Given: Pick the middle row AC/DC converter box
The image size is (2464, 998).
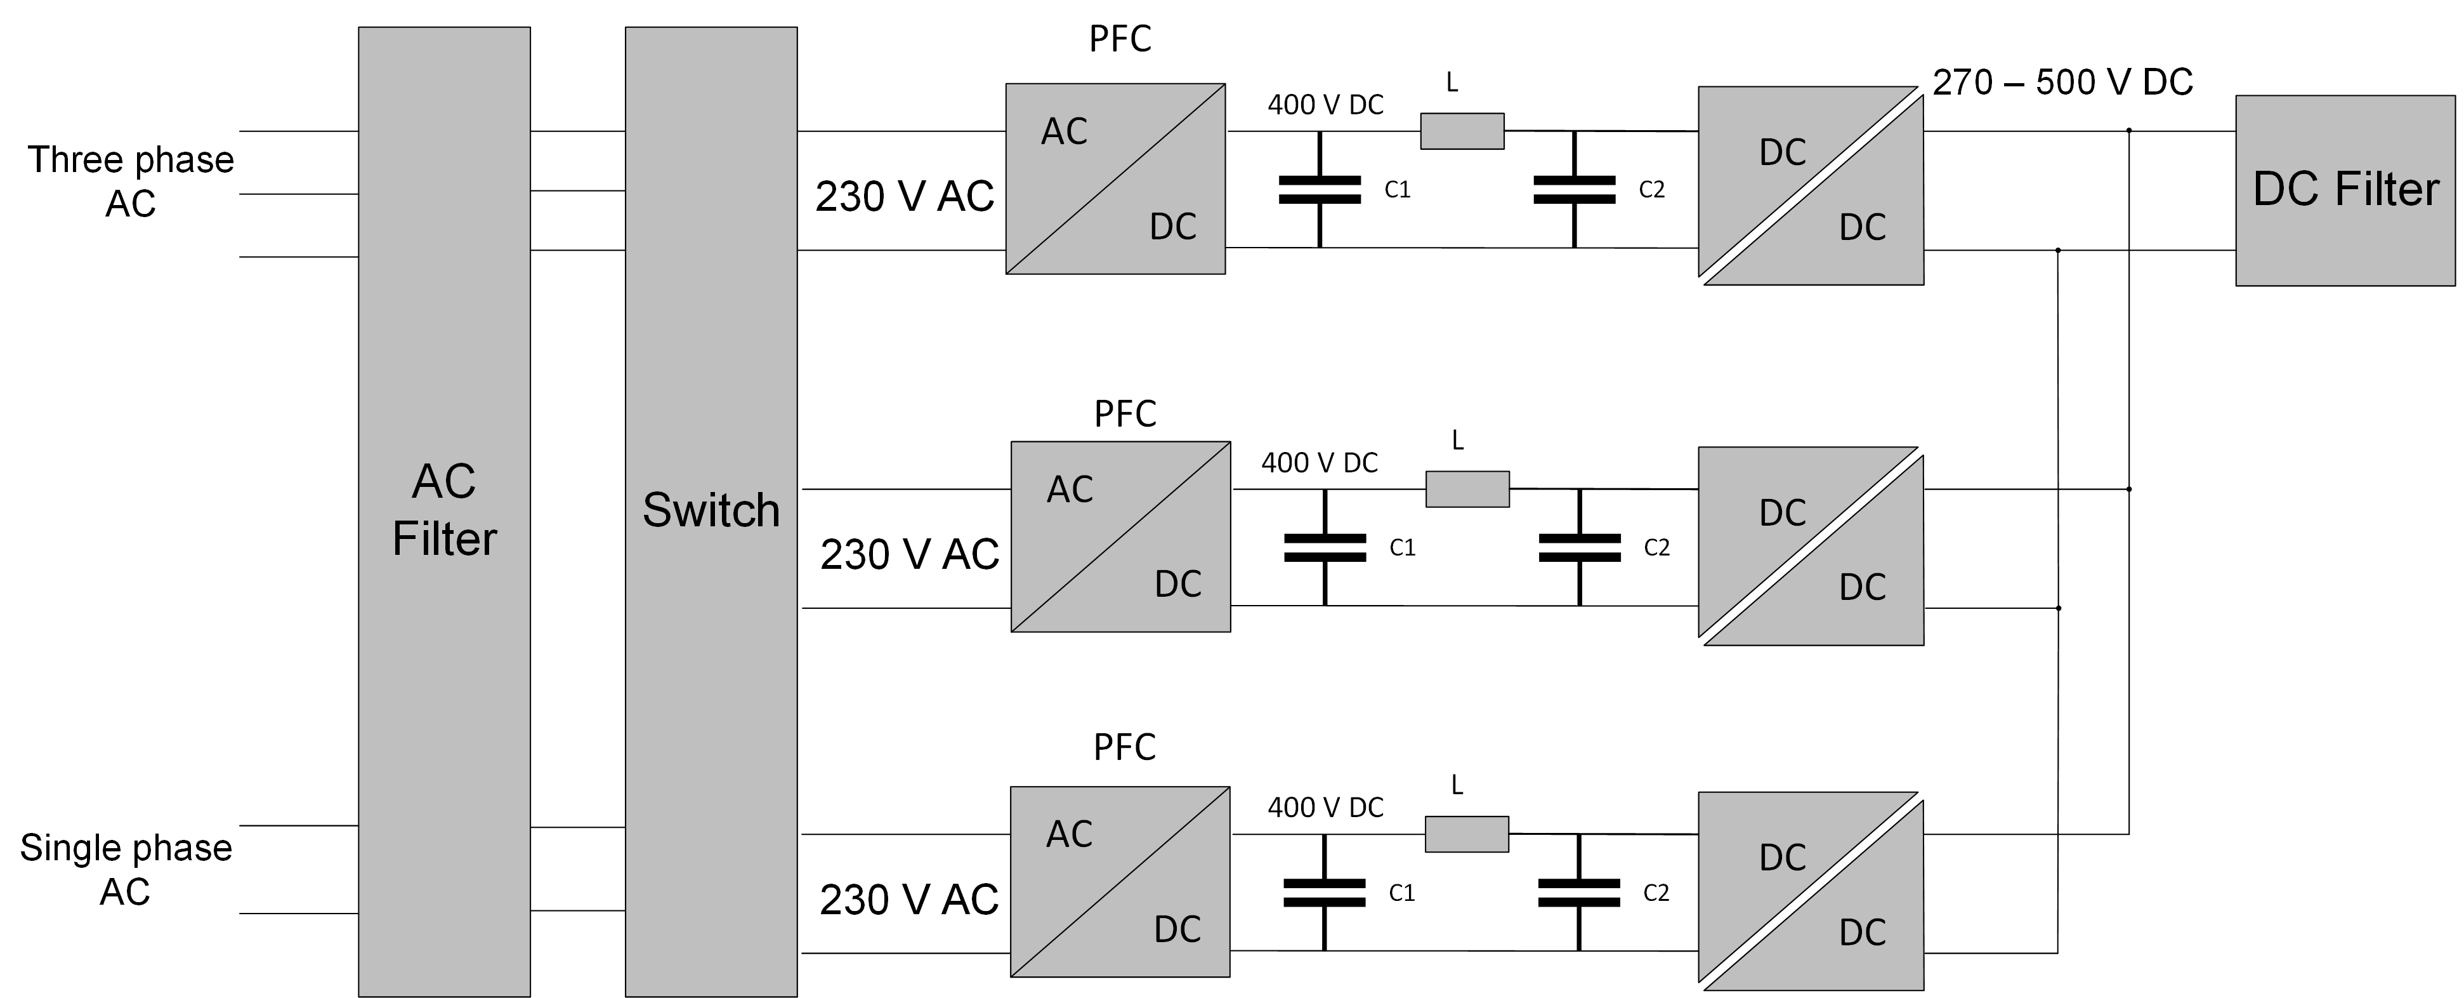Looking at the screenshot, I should click(x=1120, y=536).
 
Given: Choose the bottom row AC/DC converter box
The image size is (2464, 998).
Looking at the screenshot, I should click(x=1119, y=881).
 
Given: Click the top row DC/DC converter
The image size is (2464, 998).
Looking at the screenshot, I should click(x=1811, y=185).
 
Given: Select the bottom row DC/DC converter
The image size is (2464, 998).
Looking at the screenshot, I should click(x=1811, y=891).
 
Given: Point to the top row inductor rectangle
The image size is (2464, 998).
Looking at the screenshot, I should click(x=1462, y=131).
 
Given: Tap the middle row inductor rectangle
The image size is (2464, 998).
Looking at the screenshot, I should click(x=1467, y=489).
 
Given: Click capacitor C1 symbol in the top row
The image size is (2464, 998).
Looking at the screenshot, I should click(x=1320, y=189).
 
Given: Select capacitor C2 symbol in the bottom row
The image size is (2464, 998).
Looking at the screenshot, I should click(x=1579, y=893).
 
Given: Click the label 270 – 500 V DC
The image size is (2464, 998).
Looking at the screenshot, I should click(x=2062, y=83).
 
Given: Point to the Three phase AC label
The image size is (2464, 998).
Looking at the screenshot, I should click(x=130, y=181).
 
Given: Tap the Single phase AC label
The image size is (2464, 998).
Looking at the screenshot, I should click(x=126, y=869).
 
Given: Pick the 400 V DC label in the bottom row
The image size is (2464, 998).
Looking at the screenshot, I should click(x=1325, y=808).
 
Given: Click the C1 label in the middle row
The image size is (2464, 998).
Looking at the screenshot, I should click(x=1402, y=547).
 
